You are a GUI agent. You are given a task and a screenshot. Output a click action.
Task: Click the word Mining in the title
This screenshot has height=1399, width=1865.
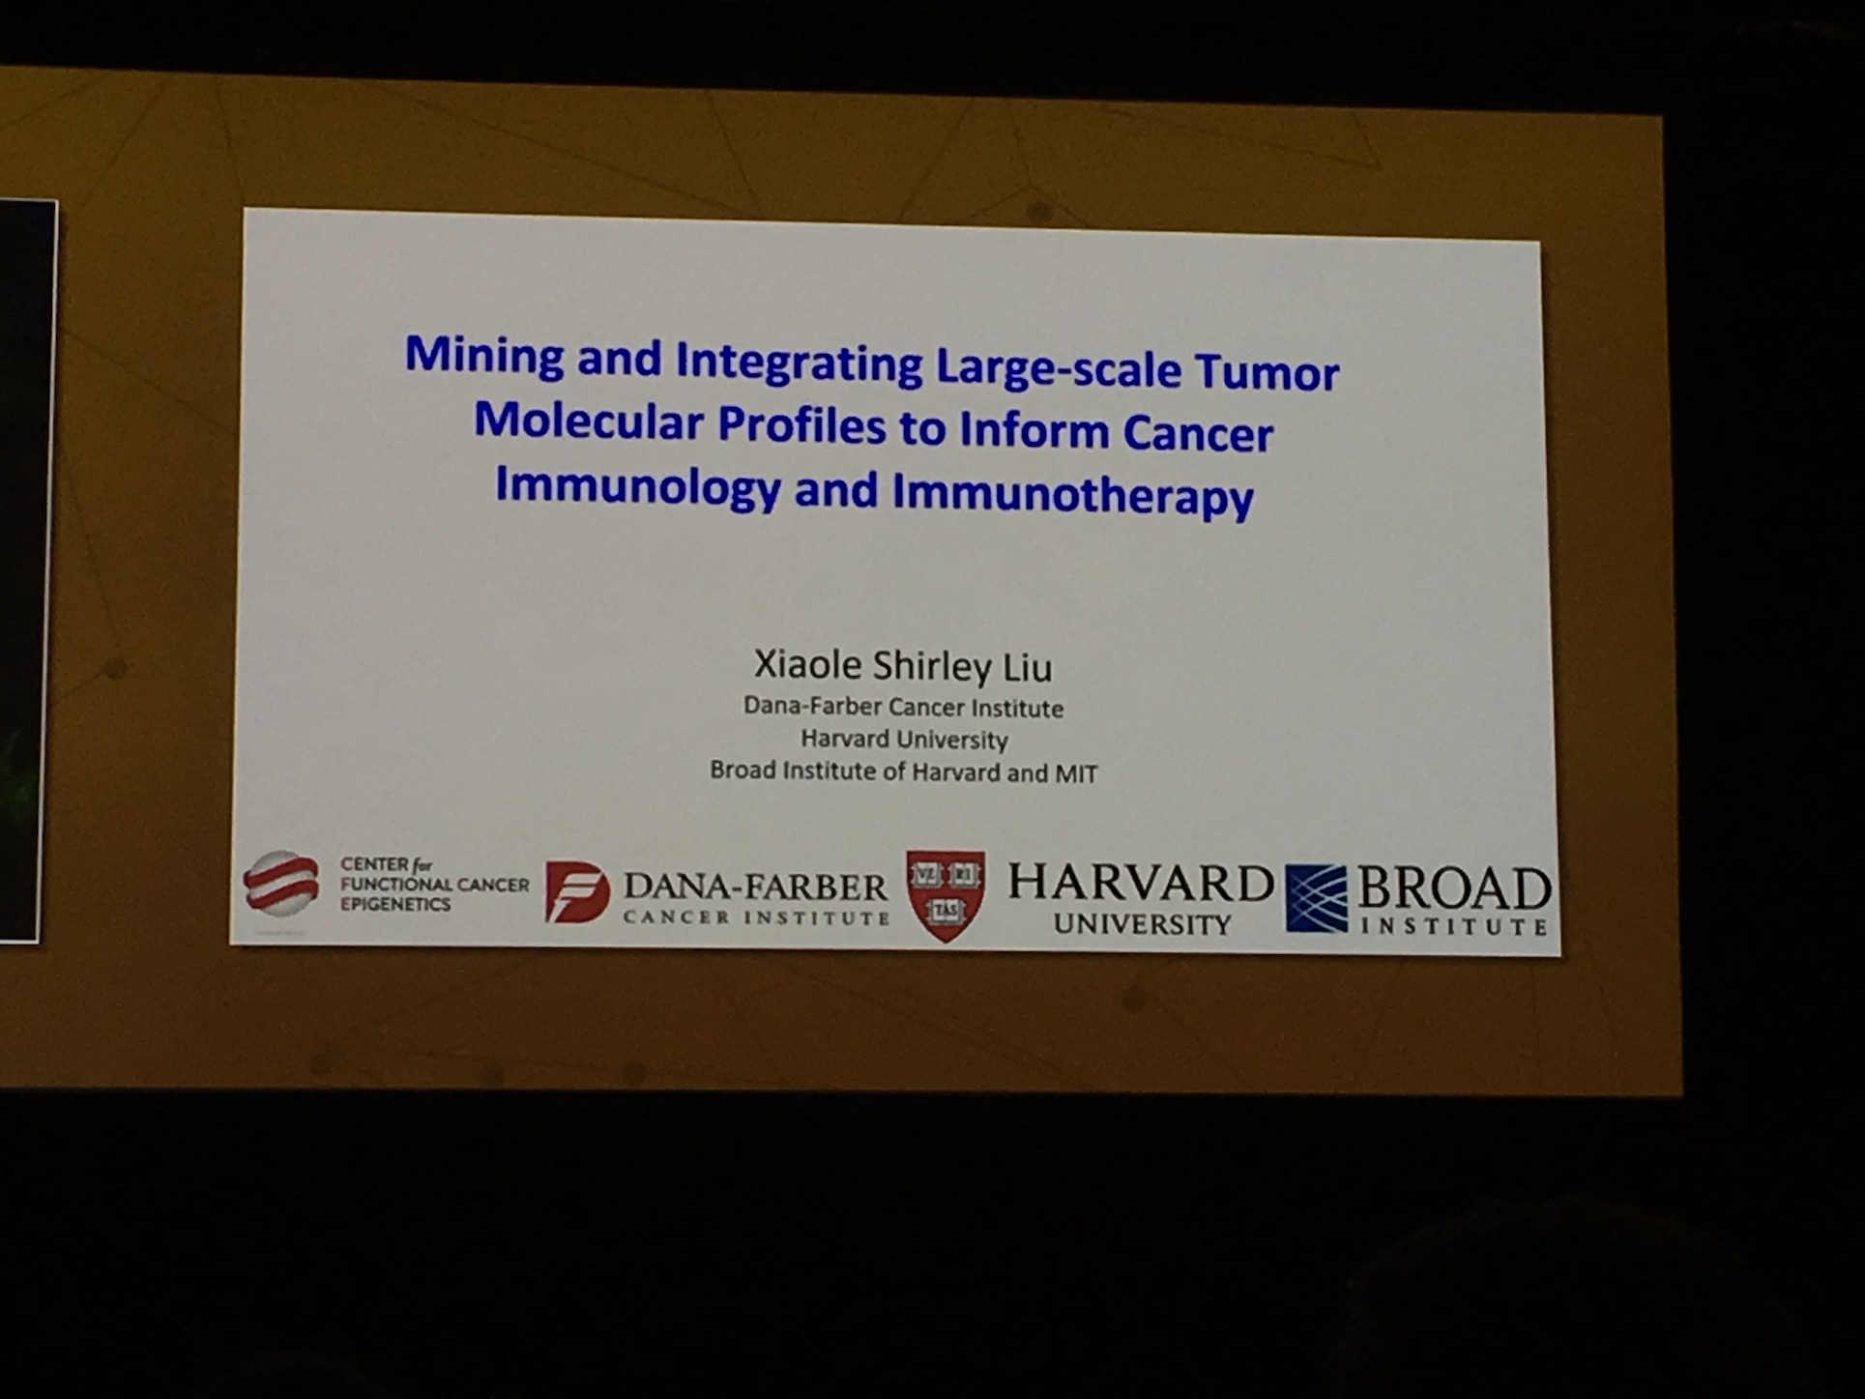[484, 357]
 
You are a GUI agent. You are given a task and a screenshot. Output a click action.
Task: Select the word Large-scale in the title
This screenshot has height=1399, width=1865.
[1058, 368]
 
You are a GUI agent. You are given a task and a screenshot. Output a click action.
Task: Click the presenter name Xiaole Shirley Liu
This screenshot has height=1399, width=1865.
[903, 665]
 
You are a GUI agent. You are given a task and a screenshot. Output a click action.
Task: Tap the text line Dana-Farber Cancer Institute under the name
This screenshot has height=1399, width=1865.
[903, 708]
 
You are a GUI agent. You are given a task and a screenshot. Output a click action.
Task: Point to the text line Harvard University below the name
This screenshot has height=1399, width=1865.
[904, 740]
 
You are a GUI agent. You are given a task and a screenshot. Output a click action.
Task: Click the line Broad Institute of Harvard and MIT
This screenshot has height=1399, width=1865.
[904, 772]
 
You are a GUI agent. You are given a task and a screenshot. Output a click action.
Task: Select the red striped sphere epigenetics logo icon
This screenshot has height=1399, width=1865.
[281, 883]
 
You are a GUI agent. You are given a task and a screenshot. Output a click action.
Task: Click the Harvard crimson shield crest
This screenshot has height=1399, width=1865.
[946, 895]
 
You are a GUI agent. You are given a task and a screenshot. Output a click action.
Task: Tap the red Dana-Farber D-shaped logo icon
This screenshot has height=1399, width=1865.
[577, 891]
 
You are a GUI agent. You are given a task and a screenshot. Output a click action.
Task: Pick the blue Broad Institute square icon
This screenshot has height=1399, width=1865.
[1316, 898]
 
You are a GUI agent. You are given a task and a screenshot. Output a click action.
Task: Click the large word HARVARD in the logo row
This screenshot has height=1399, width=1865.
[1141, 884]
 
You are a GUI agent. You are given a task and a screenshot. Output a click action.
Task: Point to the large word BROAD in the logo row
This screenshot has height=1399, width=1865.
[1454, 888]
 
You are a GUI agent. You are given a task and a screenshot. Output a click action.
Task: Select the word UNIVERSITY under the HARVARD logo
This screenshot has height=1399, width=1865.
[1142, 924]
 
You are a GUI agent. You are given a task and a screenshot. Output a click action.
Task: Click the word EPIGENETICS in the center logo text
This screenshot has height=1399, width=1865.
[395, 904]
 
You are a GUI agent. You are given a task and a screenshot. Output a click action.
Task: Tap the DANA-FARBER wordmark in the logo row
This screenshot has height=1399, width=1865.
[755, 887]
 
